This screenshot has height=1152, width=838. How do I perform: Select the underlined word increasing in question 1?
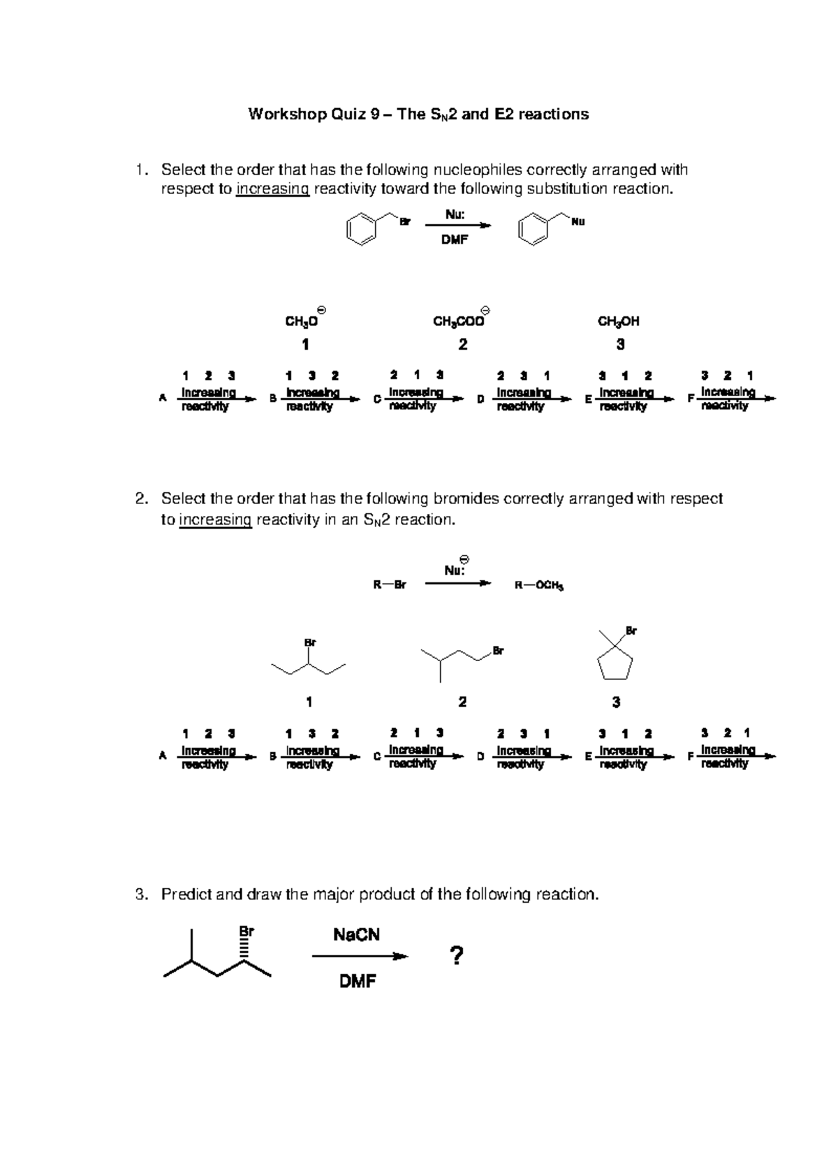pos(272,189)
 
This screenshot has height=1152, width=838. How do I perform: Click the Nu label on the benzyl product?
pos(578,222)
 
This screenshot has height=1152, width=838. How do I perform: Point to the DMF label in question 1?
pos(454,240)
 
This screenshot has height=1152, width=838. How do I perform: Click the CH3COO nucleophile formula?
pos(458,322)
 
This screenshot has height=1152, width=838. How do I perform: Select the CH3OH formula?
pos(619,322)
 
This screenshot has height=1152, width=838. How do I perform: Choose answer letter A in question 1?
pos(163,398)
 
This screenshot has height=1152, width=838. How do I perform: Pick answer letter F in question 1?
pos(690,398)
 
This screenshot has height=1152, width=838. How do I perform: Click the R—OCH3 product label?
pos(538,586)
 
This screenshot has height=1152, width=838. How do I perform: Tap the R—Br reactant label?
pos(390,585)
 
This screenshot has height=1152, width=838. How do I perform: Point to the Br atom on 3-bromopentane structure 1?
pos(310,642)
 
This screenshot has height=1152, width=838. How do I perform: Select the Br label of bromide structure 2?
pos(498,651)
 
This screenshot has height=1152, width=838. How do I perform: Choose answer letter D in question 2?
pos(480,756)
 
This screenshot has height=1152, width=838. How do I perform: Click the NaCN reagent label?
pos(357,935)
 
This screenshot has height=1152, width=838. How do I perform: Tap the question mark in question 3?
pos(457,956)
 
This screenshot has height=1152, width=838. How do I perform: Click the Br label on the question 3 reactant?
pos(247,931)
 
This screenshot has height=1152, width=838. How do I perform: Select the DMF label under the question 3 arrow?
pos(358,982)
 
